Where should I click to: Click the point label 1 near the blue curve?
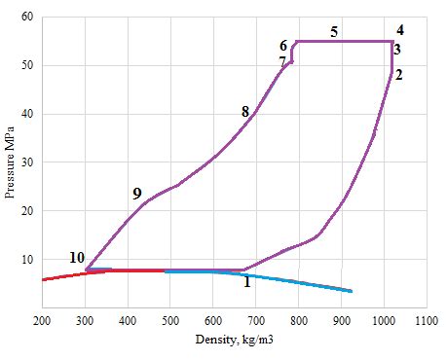pyautogui.click(x=246, y=282)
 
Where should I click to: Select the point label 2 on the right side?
pyautogui.click(x=399, y=74)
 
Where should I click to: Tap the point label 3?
pyautogui.click(x=398, y=50)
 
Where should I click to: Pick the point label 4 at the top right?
pyautogui.click(x=399, y=29)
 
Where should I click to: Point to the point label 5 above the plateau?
pyautogui.click(x=334, y=32)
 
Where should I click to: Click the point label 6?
pyautogui.click(x=283, y=46)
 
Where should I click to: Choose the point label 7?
pyautogui.click(x=282, y=61)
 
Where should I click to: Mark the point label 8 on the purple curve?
pyautogui.click(x=245, y=113)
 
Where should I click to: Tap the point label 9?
pyautogui.click(x=137, y=195)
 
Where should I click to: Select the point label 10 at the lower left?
pyautogui.click(x=77, y=258)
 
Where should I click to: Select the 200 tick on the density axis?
pyautogui.click(x=43, y=319)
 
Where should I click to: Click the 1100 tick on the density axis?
pyautogui.click(x=426, y=319)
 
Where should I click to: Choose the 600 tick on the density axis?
pyautogui.click(x=213, y=319)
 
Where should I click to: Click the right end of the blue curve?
pyautogui.click(x=352, y=291)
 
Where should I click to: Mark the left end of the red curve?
pyautogui.click(x=43, y=279)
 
